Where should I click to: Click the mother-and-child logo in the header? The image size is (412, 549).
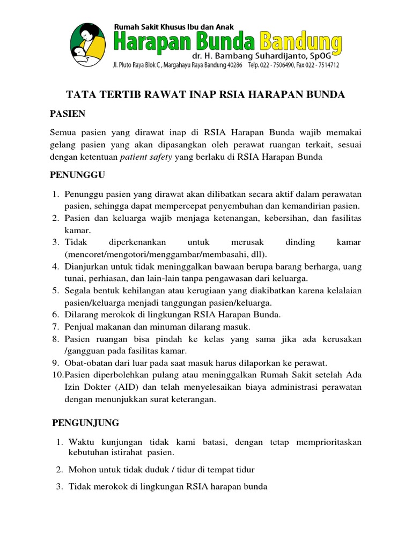[x=90, y=41]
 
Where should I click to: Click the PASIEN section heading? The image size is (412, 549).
[x=68, y=114]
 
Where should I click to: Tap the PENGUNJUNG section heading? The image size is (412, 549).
[x=85, y=423]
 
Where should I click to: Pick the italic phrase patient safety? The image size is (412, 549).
[x=146, y=157]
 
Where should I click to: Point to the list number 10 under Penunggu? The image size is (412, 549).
[x=57, y=375]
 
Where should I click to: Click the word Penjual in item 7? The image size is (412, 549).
[x=79, y=327]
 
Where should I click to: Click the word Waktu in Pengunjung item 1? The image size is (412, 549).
[x=80, y=442]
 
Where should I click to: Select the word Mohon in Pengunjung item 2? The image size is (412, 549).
[x=81, y=470]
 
